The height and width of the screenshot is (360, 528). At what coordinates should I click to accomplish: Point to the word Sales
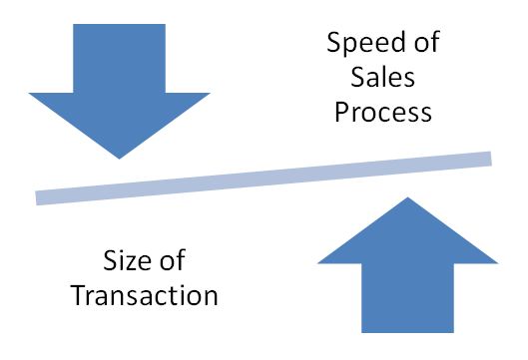tap(383, 77)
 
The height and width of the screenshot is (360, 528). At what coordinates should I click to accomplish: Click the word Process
tap(383, 111)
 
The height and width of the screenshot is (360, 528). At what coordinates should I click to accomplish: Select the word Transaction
tap(161, 296)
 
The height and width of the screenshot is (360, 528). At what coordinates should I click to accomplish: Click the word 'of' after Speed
tap(424, 44)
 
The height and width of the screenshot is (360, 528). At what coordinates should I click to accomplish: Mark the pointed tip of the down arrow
tap(119, 157)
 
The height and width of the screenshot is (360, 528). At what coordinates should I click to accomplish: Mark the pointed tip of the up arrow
tap(407, 198)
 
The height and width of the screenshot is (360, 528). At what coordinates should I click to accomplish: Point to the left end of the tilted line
tap(39, 197)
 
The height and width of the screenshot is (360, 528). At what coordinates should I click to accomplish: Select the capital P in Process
tap(342, 110)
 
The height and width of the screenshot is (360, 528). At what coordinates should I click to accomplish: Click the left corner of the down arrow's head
tap(31, 94)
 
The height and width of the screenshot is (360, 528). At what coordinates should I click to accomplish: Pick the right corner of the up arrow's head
tap(496, 262)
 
